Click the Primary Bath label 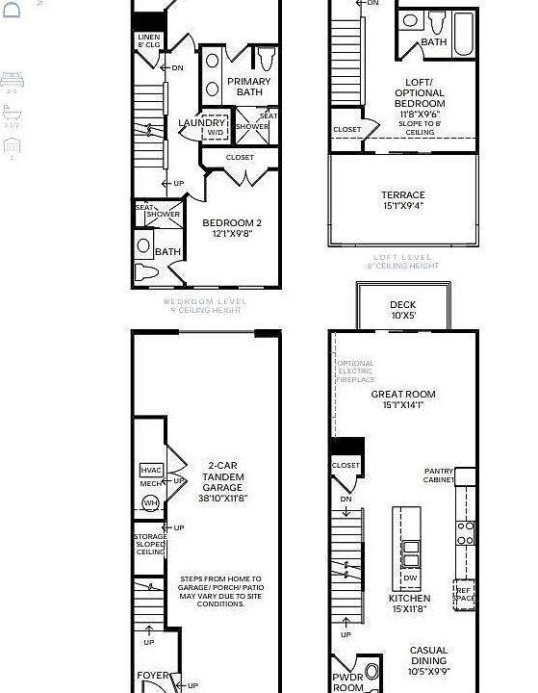248,87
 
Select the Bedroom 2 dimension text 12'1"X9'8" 231,233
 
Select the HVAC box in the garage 151,470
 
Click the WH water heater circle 151,502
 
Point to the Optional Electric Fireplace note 355,372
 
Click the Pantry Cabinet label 439,475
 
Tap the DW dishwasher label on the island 410,578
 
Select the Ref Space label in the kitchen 464,595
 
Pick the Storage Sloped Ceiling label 150,545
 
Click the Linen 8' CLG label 148,40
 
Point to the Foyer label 152,676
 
